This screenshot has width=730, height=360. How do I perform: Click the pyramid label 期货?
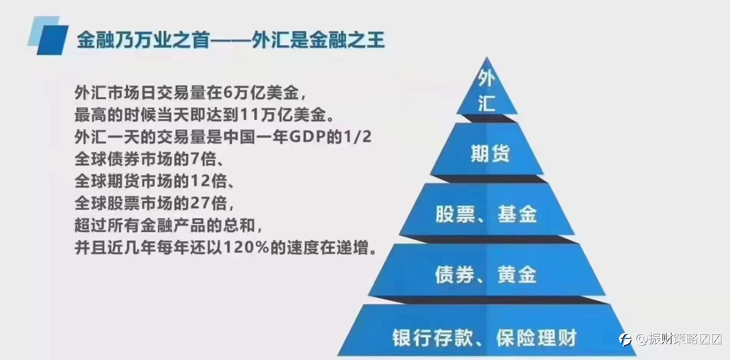(x=490, y=153)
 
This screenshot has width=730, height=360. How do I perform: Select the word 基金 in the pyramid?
(x=517, y=214)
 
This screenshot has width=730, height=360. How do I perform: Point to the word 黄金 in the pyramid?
(x=517, y=274)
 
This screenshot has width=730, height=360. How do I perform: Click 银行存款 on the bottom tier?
(x=432, y=338)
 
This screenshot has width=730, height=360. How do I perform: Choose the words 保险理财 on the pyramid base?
(x=536, y=338)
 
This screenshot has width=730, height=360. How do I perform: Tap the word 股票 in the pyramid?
(x=455, y=214)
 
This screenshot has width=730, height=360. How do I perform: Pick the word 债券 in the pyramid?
(x=455, y=274)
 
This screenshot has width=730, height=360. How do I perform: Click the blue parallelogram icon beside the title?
(x=48, y=36)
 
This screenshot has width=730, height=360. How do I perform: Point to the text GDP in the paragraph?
(x=307, y=137)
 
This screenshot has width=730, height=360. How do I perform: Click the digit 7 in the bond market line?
(x=195, y=159)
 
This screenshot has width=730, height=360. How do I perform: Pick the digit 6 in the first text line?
(x=228, y=93)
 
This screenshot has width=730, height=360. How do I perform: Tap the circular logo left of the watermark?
(x=625, y=339)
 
